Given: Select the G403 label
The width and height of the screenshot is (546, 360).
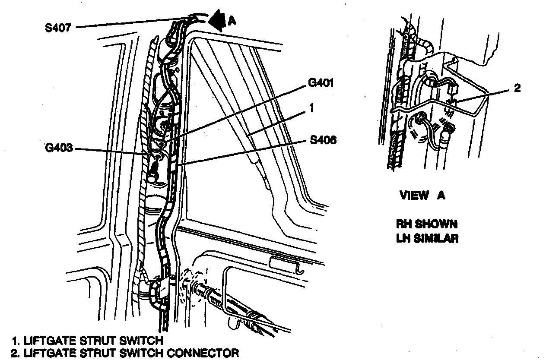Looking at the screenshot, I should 59,149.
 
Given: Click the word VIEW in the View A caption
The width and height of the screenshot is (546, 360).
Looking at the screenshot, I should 414,196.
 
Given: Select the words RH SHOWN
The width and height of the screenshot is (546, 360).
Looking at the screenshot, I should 427,224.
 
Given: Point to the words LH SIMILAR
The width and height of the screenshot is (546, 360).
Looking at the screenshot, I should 427,238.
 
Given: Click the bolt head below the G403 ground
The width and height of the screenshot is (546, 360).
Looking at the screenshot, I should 152,177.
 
